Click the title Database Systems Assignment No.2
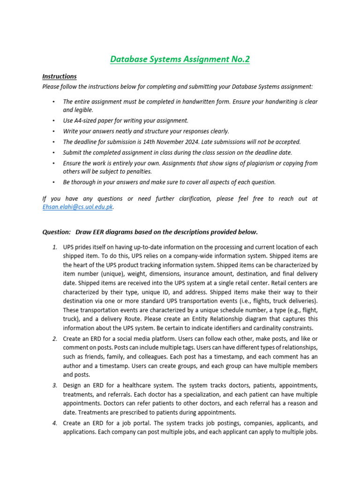(x=180, y=59)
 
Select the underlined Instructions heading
(x=60, y=76)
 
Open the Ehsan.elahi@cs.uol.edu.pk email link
(x=77, y=207)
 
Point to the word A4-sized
(x=88, y=120)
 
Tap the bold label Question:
(x=57, y=232)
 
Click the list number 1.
(x=55, y=247)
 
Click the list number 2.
(x=55, y=339)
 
